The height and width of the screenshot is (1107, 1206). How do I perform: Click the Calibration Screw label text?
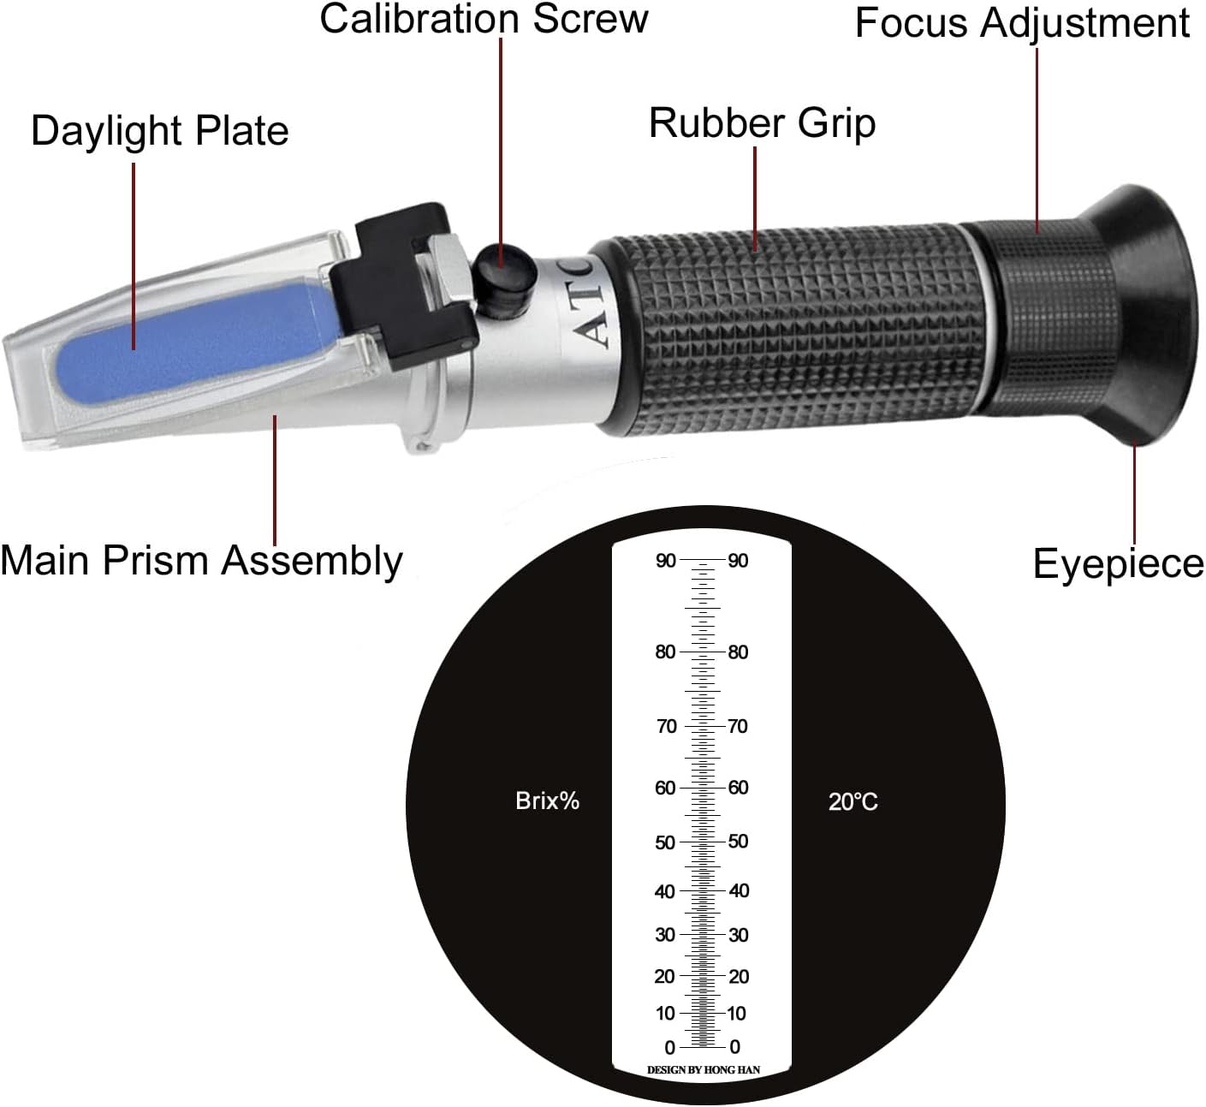484,19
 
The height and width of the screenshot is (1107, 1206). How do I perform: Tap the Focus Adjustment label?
1022,24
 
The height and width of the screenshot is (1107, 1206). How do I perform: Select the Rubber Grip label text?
763,124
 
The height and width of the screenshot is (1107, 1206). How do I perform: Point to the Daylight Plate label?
160,131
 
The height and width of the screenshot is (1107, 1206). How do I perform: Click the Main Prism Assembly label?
201,562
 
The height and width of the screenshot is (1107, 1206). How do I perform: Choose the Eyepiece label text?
1119,564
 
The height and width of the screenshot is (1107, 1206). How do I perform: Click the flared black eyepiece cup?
1143,315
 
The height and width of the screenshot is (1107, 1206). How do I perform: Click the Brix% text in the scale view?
547,800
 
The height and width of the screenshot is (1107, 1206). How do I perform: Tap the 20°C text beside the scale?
853,801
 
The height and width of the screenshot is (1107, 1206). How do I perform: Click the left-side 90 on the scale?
666,561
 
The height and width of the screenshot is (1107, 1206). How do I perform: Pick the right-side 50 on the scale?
739,841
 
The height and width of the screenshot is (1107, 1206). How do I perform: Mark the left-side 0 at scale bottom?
669,1048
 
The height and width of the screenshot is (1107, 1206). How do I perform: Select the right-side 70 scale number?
738,726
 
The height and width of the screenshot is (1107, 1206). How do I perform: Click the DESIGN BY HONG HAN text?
704,1069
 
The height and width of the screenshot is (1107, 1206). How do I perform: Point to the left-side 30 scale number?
665,935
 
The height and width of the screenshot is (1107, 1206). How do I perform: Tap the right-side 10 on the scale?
736,1014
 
